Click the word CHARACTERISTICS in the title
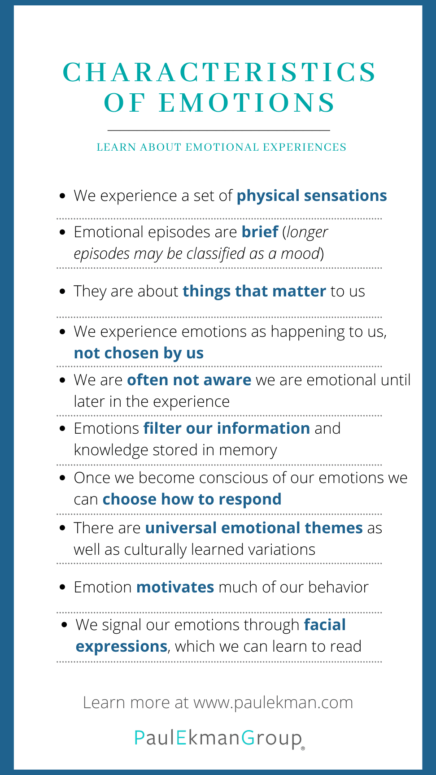[x=220, y=72]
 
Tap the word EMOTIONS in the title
[x=247, y=103]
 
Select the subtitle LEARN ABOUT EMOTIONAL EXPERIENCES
[x=222, y=147]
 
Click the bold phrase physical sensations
[x=312, y=196]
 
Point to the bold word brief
[x=260, y=232]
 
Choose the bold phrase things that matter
[x=254, y=291]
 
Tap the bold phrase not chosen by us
[x=139, y=353]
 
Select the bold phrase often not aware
[x=189, y=380]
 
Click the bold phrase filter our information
[x=227, y=428]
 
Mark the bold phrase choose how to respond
[x=192, y=499]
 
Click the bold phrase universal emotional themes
[x=254, y=528]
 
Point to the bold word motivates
[x=175, y=587]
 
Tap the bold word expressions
[x=122, y=647]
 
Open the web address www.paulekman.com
[x=273, y=702]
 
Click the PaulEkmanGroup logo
[x=219, y=738]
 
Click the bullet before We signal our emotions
[x=65, y=624]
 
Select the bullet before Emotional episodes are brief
[x=63, y=232]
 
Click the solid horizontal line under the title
[x=219, y=131]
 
